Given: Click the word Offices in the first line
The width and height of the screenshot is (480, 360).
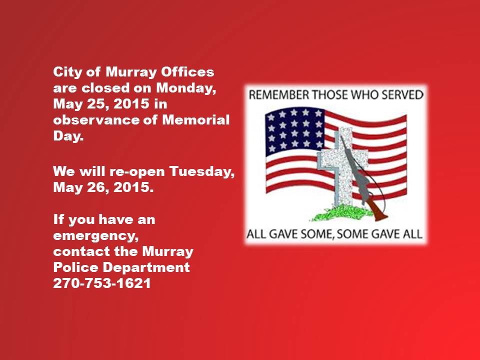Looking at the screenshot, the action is point(187,72).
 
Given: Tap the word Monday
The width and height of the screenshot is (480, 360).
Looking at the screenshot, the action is point(186,88).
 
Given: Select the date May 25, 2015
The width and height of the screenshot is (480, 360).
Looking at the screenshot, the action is point(101,104).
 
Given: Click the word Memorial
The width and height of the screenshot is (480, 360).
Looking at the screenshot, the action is point(195,119).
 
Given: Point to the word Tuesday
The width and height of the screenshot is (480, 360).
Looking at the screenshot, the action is point(202,171).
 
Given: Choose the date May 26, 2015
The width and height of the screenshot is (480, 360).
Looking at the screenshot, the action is point(103,187).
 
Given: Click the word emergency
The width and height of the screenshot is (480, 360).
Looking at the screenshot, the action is point(96,236).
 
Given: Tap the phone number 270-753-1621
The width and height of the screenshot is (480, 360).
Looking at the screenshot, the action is point(102,283).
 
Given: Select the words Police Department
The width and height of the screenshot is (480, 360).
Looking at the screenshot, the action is point(121,267).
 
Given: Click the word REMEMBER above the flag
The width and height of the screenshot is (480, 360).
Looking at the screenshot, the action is point(279,94).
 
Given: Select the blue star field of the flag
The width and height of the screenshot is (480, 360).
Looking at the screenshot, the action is point(294,130).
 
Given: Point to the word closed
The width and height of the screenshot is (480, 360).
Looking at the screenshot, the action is point(105,88).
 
